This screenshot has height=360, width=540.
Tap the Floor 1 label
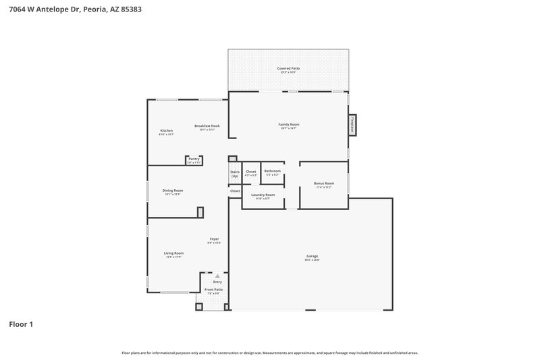(21, 324)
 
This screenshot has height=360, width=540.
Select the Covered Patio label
(288, 69)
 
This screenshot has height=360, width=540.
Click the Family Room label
(289, 125)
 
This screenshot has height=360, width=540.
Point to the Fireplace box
(352, 126)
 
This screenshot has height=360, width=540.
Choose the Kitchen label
(166, 130)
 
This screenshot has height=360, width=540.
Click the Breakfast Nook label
(207, 126)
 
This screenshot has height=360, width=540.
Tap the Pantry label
(194, 159)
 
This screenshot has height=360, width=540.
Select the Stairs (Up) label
(235, 174)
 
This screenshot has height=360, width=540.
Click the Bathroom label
(272, 172)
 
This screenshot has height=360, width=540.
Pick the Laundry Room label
(263, 195)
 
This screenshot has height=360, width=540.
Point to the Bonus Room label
(324, 184)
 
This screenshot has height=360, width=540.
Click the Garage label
(312, 257)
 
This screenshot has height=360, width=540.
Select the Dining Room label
(173, 190)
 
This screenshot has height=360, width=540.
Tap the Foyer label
(214, 239)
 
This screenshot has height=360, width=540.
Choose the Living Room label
(173, 253)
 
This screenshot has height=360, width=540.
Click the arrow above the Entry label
(217, 276)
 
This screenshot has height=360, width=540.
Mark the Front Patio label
(214, 289)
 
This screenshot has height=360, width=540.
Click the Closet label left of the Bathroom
(250, 172)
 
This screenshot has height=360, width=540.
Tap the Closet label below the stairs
(235, 191)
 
